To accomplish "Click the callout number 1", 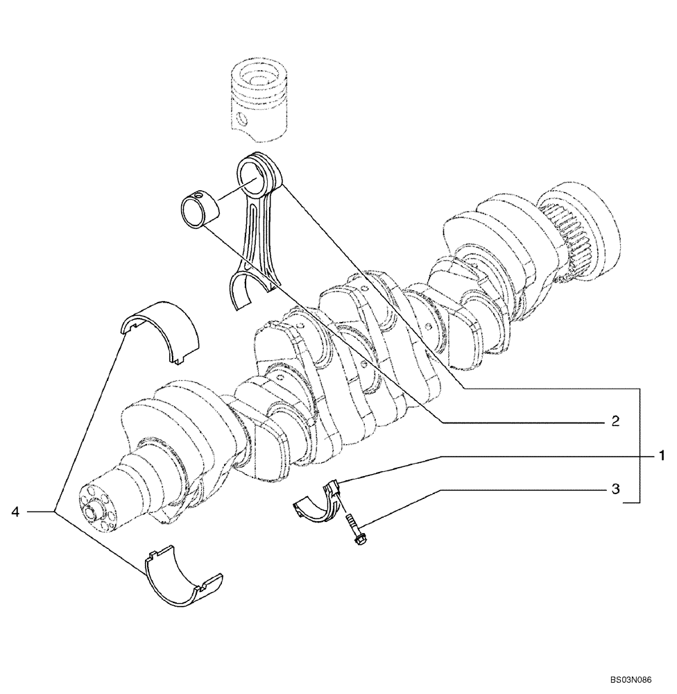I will (x=662, y=456).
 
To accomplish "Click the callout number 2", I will (x=615, y=421).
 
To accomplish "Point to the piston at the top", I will (x=258, y=97).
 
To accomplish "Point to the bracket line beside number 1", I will (x=638, y=444).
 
